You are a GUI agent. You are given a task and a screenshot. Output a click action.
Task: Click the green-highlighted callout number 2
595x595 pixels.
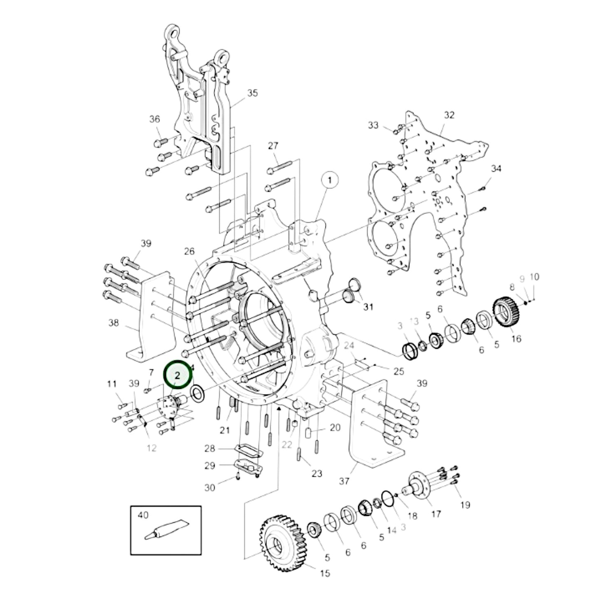[x=178, y=375]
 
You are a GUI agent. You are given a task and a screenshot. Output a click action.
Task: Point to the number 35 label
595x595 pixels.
[x=252, y=93]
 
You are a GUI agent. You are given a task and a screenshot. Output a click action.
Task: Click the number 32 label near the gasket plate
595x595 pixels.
[x=449, y=115]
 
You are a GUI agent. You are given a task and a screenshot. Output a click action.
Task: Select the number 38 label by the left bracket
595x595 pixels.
[x=113, y=322]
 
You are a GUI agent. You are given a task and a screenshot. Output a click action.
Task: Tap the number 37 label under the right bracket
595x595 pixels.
[x=344, y=481]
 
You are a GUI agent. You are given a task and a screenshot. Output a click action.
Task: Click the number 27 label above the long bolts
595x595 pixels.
[x=273, y=146]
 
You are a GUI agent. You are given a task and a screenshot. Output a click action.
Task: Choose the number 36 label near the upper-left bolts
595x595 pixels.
[x=154, y=119]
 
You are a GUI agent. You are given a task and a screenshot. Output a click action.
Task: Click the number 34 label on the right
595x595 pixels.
[x=496, y=168]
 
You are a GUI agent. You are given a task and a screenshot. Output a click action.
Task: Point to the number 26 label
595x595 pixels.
[x=189, y=251]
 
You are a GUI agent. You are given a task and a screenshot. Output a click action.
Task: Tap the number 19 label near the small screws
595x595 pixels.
[x=465, y=505]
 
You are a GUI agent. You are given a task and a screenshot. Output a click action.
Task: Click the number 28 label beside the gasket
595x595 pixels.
[x=210, y=448]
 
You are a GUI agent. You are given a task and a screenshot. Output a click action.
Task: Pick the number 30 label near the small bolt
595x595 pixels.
[x=210, y=488]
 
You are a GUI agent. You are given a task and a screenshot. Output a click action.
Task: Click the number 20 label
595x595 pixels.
[x=335, y=427]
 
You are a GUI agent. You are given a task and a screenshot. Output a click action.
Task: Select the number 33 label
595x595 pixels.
[x=373, y=125]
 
